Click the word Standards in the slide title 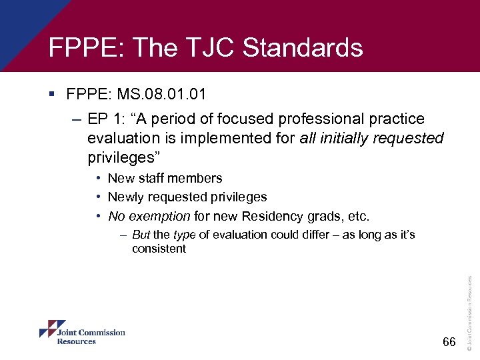[x=303, y=48]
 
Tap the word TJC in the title [x=211, y=48]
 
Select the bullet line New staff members [x=165, y=178]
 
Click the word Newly [x=126, y=197]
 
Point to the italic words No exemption [x=149, y=216]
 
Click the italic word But [x=141, y=235]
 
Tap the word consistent [x=159, y=249]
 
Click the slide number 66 [x=449, y=342]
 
